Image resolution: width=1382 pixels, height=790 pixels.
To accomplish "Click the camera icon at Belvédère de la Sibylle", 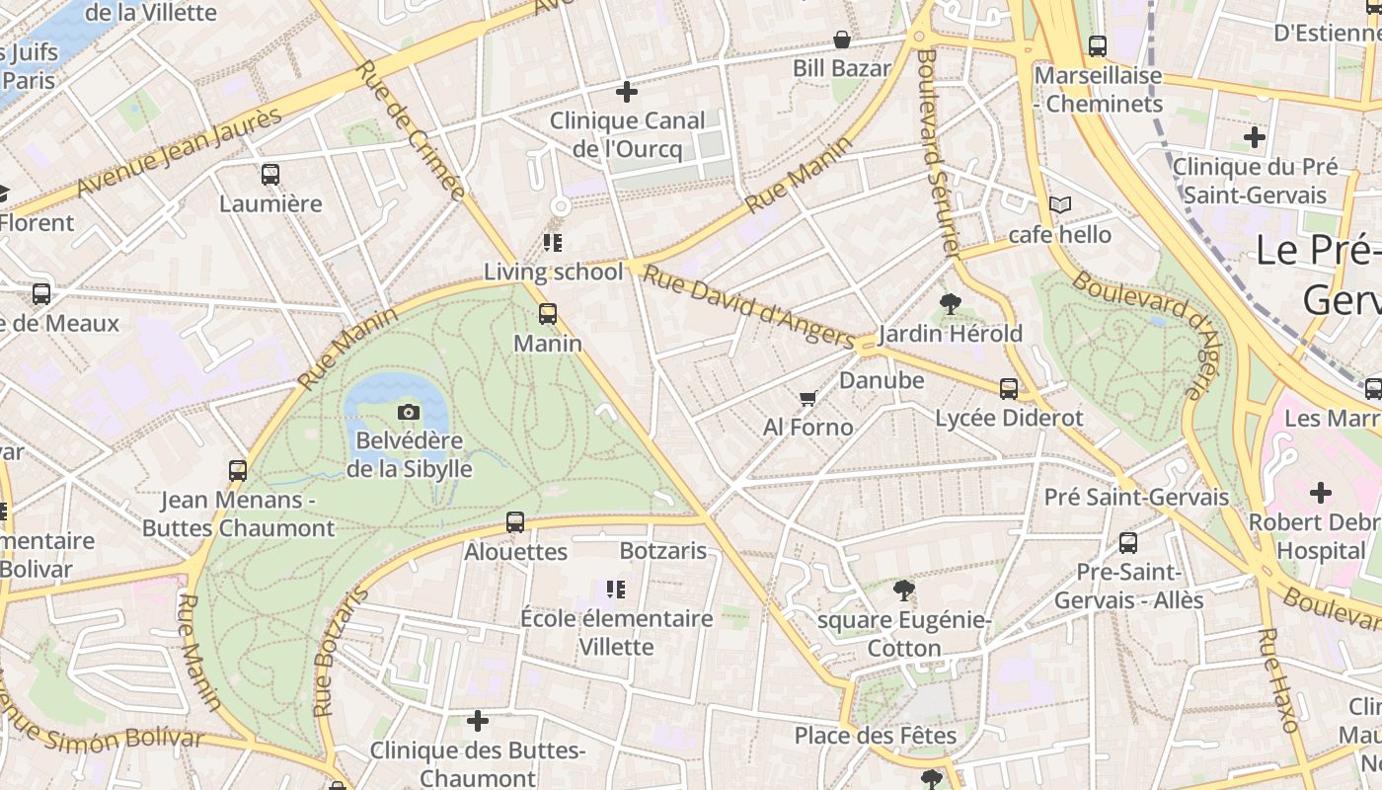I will click(x=409, y=412).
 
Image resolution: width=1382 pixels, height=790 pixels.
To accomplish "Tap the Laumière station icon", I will click(x=270, y=175).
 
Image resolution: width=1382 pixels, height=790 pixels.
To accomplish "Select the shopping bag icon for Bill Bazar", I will click(x=842, y=39).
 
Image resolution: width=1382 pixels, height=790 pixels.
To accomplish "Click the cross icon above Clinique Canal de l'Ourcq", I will click(x=627, y=92).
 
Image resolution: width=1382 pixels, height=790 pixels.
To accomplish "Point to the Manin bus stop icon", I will click(x=548, y=314).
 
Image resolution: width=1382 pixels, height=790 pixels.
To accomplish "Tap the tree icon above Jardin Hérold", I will click(x=951, y=303).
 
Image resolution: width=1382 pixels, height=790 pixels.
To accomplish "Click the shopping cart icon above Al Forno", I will click(x=807, y=398).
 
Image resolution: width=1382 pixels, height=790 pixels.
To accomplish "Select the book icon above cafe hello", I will click(x=1060, y=204).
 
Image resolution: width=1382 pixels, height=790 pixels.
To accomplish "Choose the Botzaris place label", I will click(x=663, y=550).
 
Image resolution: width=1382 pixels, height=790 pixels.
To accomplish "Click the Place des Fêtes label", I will click(x=876, y=736).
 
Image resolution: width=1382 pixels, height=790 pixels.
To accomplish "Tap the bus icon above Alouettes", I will click(x=515, y=522).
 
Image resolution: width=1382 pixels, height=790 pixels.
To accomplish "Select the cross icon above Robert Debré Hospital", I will click(x=1321, y=492).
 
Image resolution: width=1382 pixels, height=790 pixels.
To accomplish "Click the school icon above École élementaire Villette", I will click(x=616, y=590).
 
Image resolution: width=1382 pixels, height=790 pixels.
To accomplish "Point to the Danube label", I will click(x=882, y=380).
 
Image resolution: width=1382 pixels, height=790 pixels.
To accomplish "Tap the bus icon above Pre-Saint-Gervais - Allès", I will click(x=1128, y=542).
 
